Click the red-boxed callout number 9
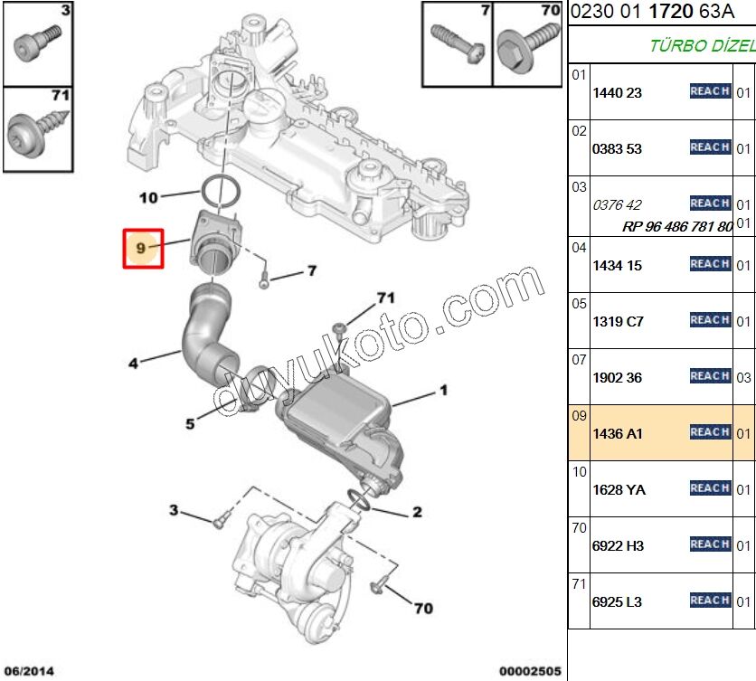pos(142,247)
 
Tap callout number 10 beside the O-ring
pos(148,196)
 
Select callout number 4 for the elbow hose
pos(133,364)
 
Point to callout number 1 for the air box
pos(444,391)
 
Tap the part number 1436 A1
pos(618,434)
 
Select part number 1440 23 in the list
pos(617,93)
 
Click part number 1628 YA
pos(619,490)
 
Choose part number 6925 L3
pos(618,602)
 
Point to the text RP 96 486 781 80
pos(676,227)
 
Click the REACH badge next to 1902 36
pos(710,376)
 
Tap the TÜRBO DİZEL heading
pos(702,45)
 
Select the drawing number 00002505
pos(530,671)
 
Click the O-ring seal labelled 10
pos(219,191)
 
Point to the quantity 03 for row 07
pos(743,377)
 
